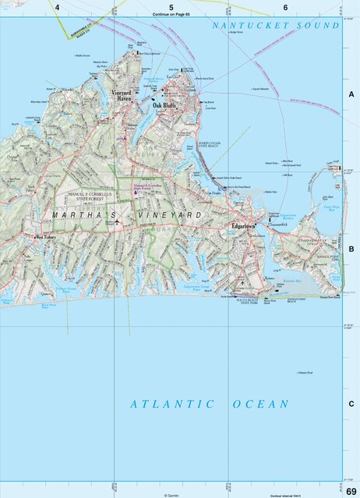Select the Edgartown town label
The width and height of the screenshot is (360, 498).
pyautogui.click(x=244, y=226)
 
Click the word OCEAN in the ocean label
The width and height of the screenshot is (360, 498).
pyautogui.click(x=260, y=404)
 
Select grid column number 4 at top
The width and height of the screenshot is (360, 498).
pyautogui.click(x=58, y=7)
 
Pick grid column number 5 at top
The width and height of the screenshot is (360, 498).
pyautogui.click(x=171, y=7)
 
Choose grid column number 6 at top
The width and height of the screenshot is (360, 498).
pyautogui.click(x=285, y=7)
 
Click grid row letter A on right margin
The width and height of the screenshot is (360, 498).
pyautogui.click(x=351, y=94)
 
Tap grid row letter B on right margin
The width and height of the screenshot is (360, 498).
pyautogui.click(x=351, y=249)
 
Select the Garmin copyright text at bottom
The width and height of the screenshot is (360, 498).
pyautogui.click(x=171, y=495)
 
